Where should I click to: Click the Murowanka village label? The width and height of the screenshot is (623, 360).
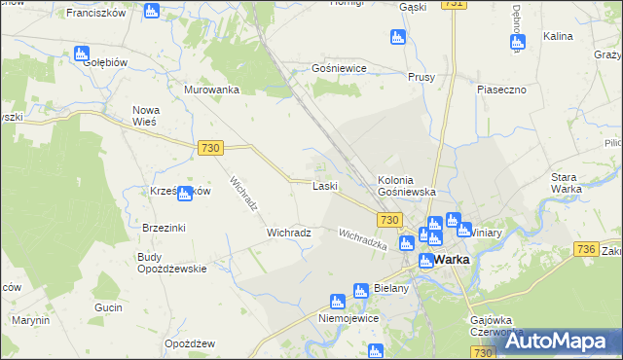[x=211, y=90]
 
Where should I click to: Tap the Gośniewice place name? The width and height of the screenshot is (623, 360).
[x=337, y=70]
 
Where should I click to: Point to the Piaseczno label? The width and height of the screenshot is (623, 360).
[x=501, y=90]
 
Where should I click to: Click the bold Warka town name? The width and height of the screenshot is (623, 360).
[x=452, y=261]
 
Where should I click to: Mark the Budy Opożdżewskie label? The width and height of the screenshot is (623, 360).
[x=171, y=263]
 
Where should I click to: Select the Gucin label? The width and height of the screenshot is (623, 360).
[x=107, y=307]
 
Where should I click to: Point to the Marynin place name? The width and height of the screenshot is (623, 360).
[x=31, y=320]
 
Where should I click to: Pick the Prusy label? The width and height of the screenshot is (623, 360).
[x=421, y=77]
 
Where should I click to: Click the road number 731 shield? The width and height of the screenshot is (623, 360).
[x=452, y=5]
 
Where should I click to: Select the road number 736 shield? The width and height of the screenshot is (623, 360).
[x=585, y=250]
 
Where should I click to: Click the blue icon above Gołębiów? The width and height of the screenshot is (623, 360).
[x=82, y=54]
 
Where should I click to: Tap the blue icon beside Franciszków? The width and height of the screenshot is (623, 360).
[x=151, y=11]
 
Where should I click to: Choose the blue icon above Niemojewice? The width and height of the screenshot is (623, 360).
[x=337, y=302]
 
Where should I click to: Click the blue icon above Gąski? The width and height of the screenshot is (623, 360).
[x=395, y=37]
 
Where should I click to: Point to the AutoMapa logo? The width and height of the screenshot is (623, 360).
[x=559, y=342]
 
